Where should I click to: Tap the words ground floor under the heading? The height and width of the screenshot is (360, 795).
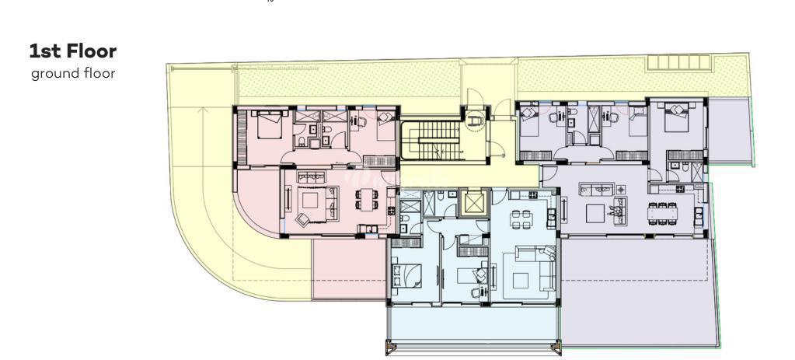pos(73,74)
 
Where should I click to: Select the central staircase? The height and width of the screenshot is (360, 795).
pos(431,139)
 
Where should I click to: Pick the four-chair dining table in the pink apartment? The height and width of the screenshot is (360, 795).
pos(365,199)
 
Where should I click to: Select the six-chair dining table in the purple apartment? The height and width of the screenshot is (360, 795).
pos(662,214)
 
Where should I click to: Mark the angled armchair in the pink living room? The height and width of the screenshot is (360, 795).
pos(302,219)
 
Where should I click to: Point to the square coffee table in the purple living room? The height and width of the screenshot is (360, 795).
pos(595,214)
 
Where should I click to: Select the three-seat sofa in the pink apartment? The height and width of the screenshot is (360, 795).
pos(310,177)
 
